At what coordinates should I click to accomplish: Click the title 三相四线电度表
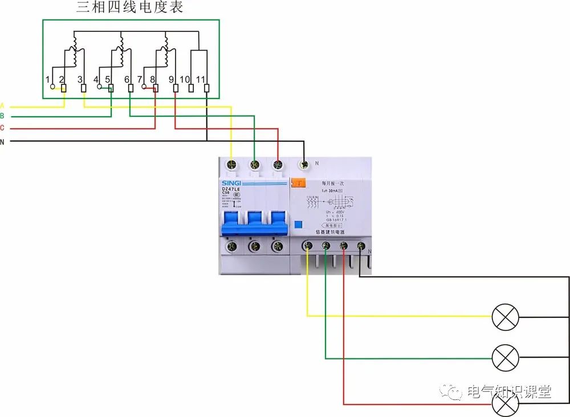pyautogui.click(x=131, y=8)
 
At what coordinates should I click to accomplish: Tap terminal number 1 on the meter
pyautogui.click(x=48, y=79)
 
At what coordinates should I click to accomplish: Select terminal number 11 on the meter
pyautogui.click(x=200, y=79)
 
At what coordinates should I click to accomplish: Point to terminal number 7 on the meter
pyautogui.click(x=140, y=79)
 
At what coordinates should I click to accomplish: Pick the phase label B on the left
pyautogui.click(x=2, y=116)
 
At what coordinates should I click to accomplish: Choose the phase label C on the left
pyautogui.click(x=2, y=128)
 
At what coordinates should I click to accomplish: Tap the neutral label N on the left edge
pyautogui.click(x=2, y=141)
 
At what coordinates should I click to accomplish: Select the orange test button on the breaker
pyautogui.click(x=298, y=183)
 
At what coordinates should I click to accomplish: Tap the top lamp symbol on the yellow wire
pyautogui.click(x=506, y=317)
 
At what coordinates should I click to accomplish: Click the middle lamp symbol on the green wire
pyautogui.click(x=506, y=358)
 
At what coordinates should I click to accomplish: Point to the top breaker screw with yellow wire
pyautogui.click(x=231, y=165)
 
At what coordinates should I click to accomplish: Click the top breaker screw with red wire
pyautogui.click(x=278, y=165)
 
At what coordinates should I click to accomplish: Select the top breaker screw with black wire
pyautogui.click(x=304, y=165)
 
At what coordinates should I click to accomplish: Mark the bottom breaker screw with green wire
pyautogui.click(x=325, y=246)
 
